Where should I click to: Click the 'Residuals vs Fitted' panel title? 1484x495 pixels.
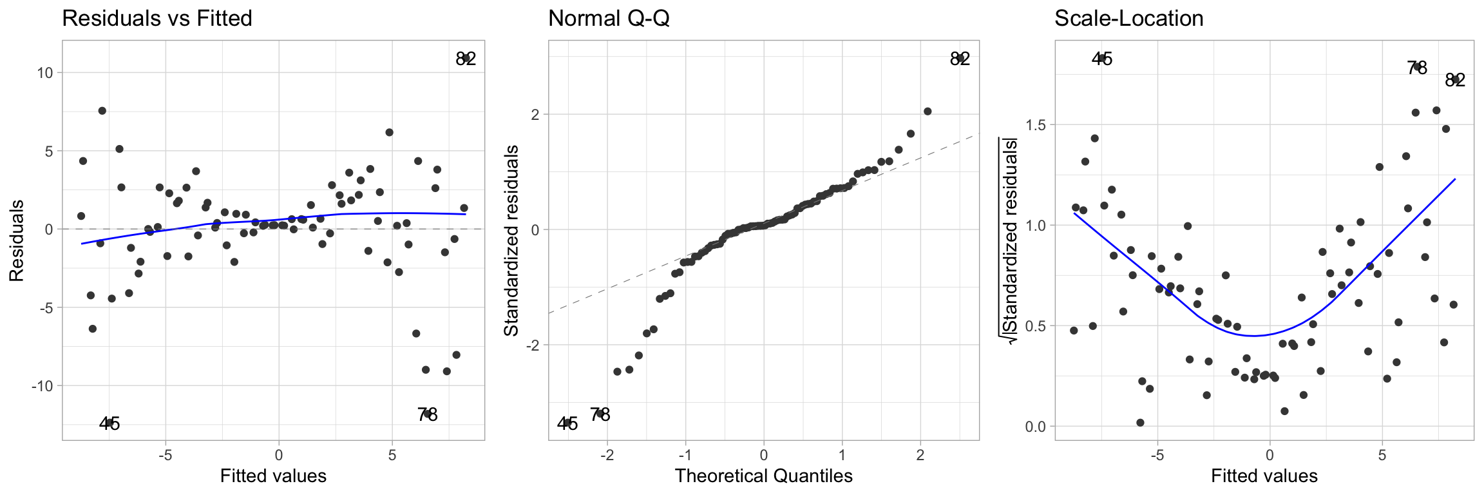157,19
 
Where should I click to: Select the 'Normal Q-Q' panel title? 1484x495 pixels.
609,19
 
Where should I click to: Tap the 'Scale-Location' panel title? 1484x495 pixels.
1128,19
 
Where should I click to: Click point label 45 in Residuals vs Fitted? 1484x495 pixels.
109,423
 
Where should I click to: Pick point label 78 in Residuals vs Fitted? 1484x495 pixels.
427,414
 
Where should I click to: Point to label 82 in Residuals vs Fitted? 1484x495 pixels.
466,59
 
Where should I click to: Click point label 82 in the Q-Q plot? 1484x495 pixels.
960,59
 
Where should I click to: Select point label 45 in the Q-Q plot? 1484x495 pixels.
567,423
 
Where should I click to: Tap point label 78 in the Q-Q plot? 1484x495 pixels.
600,414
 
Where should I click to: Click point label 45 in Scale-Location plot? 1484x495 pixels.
1102,59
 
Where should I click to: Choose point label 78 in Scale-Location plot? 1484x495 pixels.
1417,68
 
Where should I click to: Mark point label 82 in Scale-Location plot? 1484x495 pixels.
1455,80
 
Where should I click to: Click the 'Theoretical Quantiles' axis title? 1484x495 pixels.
763,476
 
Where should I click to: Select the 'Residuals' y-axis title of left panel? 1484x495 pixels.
17,240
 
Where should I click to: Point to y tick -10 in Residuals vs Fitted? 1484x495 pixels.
40,385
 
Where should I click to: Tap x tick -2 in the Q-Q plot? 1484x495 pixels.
607,456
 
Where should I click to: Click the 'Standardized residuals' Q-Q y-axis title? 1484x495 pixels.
511,240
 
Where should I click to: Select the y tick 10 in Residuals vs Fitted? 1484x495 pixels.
44,72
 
